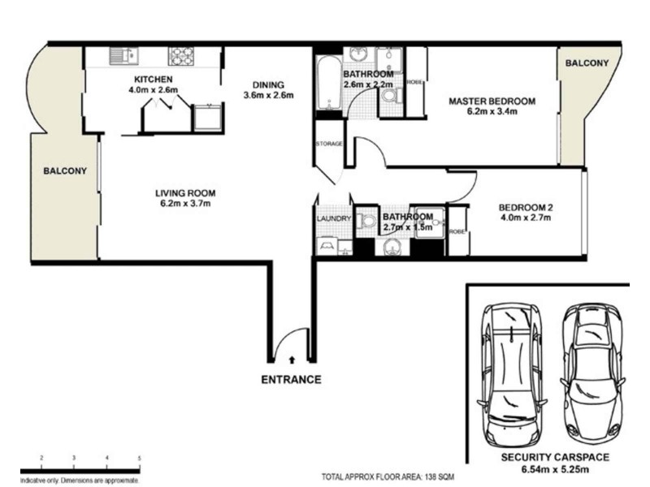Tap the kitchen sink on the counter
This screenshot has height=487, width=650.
(x=123, y=56)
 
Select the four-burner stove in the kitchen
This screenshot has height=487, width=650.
(x=180, y=56)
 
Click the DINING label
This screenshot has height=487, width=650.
(x=267, y=84)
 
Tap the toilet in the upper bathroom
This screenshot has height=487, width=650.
(x=388, y=96)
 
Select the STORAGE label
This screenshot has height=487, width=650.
(x=329, y=144)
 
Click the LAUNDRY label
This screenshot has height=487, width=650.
(x=333, y=218)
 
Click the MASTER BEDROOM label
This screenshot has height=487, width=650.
(x=493, y=101)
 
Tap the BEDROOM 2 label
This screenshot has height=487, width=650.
(x=525, y=206)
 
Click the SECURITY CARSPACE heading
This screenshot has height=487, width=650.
(x=557, y=457)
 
